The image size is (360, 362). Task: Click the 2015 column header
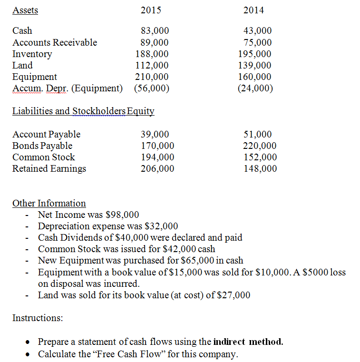pos(151,10)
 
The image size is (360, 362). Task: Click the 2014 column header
pos(253,10)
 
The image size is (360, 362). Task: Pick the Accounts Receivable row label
pos(55,42)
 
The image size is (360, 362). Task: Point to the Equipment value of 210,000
pos(152,77)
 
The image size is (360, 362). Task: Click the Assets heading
pos(25,10)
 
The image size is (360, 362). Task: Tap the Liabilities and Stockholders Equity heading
pos(83,111)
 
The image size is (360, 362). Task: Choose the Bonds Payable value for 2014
pos(259,146)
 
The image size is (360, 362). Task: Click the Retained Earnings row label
pos(49,169)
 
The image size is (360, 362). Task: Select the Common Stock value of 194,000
pos(157,157)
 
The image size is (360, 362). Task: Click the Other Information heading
pos(49,203)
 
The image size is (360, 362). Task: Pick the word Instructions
pos(38,318)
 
